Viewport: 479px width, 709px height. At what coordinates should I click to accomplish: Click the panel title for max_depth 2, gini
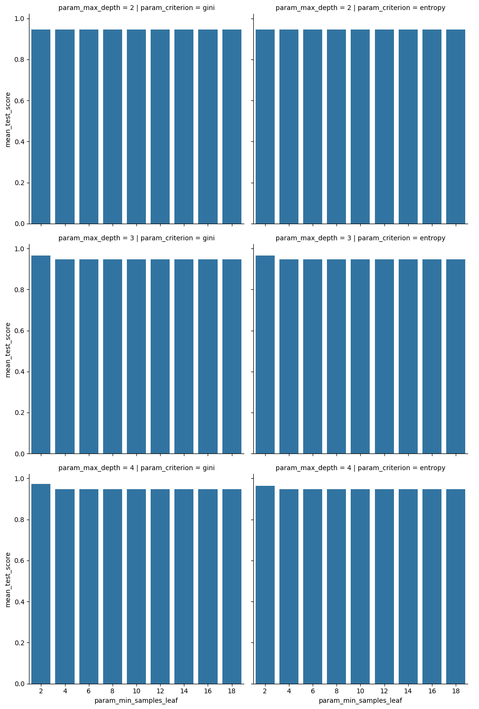click(x=136, y=8)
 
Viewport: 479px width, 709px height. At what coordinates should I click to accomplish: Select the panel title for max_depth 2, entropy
click(x=360, y=8)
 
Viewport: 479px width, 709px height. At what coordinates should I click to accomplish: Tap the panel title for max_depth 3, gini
click(x=136, y=238)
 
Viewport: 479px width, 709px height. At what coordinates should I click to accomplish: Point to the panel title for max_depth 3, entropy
click(x=360, y=238)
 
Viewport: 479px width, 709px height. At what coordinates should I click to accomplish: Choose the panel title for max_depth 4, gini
click(x=136, y=468)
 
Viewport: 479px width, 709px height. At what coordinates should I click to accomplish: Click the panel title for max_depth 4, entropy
click(x=360, y=468)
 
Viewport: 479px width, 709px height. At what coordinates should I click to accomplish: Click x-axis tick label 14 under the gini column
click(x=184, y=691)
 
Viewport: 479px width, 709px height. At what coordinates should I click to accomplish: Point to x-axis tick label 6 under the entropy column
click(x=313, y=691)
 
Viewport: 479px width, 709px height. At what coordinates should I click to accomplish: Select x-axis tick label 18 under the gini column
click(x=232, y=691)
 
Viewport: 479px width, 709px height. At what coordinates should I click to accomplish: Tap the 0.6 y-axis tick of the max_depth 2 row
click(x=19, y=101)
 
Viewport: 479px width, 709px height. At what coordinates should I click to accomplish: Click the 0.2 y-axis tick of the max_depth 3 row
click(x=19, y=413)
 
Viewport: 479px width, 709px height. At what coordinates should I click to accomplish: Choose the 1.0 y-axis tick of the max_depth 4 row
click(x=19, y=479)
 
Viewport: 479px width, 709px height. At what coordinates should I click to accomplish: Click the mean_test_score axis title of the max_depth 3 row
click(x=8, y=350)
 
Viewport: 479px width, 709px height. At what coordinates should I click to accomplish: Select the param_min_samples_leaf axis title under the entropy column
click(x=360, y=700)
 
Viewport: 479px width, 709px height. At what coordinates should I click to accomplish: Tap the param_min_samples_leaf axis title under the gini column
click(x=136, y=700)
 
